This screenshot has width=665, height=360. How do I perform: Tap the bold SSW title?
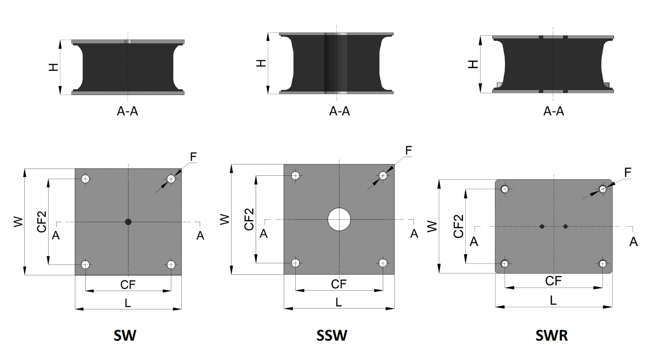tap(332, 336)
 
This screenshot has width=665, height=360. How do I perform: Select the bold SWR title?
tap(551, 336)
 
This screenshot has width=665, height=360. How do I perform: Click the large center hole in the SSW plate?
tap(339, 219)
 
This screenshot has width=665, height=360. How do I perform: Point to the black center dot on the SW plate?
tap(128, 221)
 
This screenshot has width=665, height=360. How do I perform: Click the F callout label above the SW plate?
tap(193, 157)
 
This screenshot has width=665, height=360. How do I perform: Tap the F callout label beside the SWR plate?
tap(628, 172)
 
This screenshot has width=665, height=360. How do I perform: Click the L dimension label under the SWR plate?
tap(553, 300)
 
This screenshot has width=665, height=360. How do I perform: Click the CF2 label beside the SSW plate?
tap(249, 219)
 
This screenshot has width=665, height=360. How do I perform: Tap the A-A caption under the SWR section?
tap(553, 111)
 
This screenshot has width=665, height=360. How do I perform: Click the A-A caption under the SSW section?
tap(339, 111)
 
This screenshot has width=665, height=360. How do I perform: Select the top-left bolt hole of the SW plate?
tap(85, 179)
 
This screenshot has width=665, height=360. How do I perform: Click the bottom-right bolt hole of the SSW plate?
tap(383, 263)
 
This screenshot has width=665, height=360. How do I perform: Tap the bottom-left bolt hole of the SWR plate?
tap(505, 263)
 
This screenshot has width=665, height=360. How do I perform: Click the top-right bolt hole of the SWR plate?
tap(603, 189)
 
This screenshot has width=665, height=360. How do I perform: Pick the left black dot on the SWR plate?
tap(542, 226)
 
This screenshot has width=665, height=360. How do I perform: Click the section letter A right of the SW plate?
tap(200, 235)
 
